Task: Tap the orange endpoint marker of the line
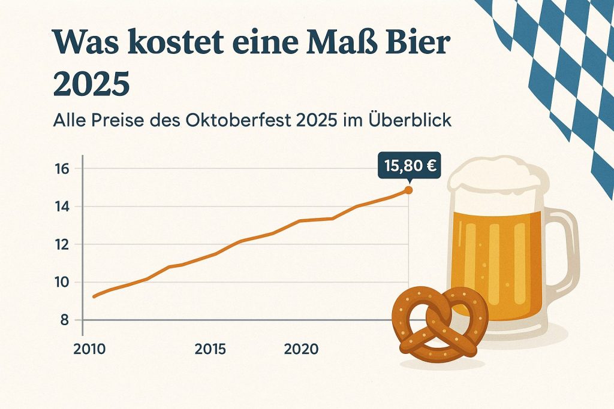tap(408, 190)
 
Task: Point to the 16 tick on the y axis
tap(62, 168)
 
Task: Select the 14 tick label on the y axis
tap(62, 207)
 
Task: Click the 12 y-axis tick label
tap(62, 244)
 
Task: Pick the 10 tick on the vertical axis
tap(62, 282)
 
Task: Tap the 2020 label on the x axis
tap(301, 349)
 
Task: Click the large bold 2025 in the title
tap(91, 84)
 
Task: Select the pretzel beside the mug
tap(440, 324)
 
